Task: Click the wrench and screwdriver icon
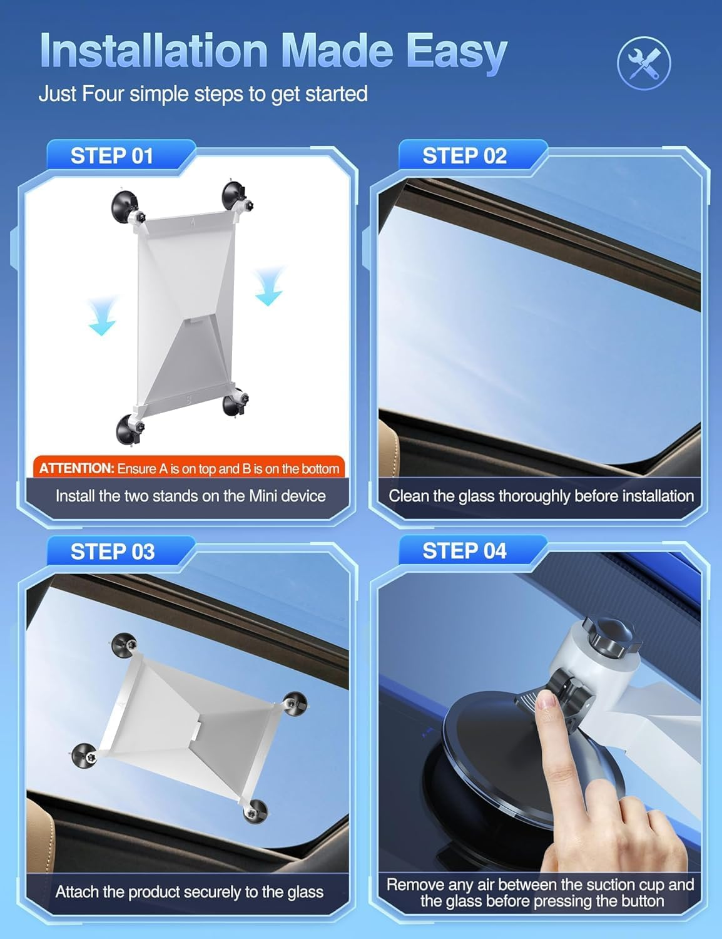point(644,63)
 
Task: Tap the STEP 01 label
point(111,156)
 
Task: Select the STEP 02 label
point(464,156)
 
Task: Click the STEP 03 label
point(112,552)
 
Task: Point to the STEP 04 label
point(464,551)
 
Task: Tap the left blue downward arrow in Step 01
point(102,317)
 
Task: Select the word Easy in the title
point(456,51)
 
